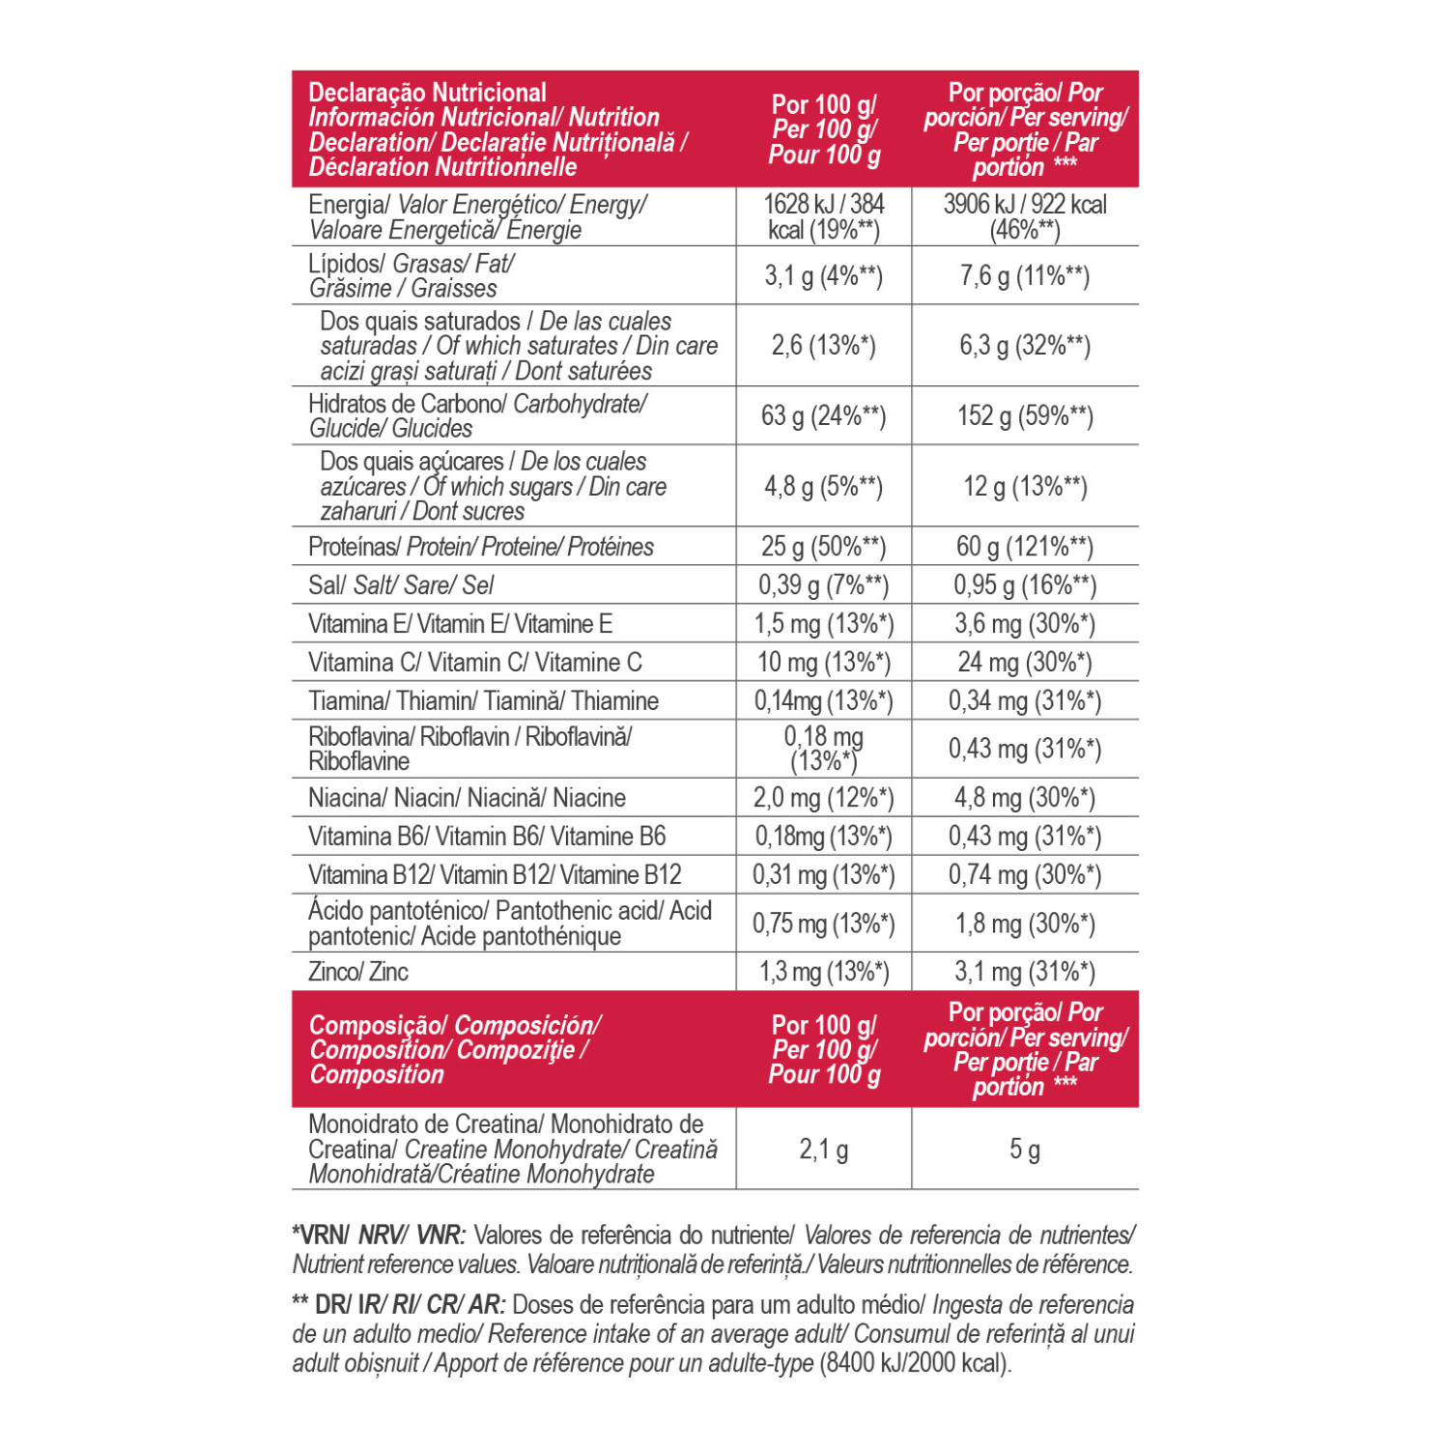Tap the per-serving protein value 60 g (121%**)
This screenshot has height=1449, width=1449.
pyautogui.click(x=1024, y=547)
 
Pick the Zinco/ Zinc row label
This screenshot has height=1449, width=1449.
pyautogui.click(x=358, y=972)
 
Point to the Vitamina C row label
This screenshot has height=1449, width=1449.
pyautogui.click(x=474, y=663)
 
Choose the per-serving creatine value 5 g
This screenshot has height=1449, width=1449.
pyautogui.click(x=1024, y=1149)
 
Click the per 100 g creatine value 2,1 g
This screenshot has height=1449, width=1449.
pyautogui.click(x=823, y=1149)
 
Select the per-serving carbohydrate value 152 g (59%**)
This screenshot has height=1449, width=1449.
pyautogui.click(x=1024, y=416)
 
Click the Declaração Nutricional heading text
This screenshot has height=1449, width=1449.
pyautogui.click(x=427, y=93)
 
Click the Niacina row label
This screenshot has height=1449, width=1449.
pyautogui.click(x=467, y=798)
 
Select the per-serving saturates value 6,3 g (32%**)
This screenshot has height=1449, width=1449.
pyautogui.click(x=1024, y=346)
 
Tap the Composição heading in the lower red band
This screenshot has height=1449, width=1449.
pyautogui.click(x=379, y=1025)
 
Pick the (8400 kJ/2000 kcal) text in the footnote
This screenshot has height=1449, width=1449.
pyautogui.click(x=915, y=1363)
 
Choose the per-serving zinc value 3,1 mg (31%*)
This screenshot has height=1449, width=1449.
pyautogui.click(x=1024, y=972)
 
